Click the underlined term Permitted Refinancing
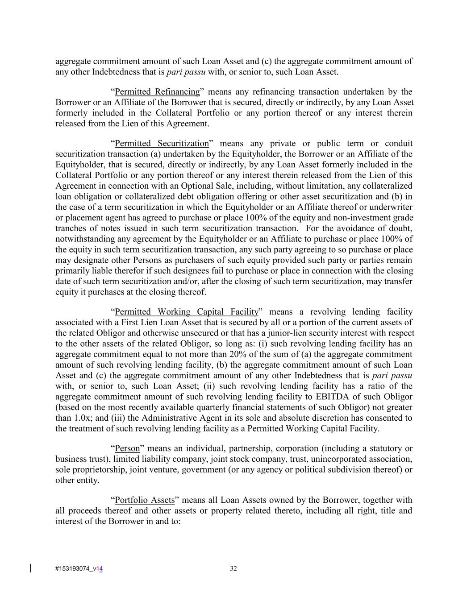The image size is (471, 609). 157,92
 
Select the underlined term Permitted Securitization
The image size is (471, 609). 162,144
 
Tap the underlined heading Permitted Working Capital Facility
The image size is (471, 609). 187,312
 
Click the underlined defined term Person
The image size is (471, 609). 127,448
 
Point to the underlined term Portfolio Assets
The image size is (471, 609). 145,500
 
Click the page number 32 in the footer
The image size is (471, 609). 233,568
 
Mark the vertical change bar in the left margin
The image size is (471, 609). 30,568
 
